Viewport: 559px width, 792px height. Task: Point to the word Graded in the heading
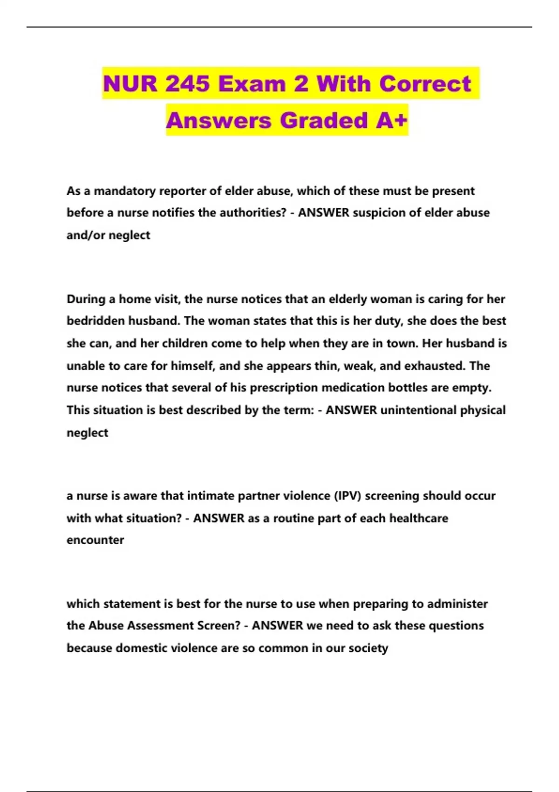pos(324,120)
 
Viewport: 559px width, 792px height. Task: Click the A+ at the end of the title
pos(392,120)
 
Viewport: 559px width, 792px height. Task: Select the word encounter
pos(95,540)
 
